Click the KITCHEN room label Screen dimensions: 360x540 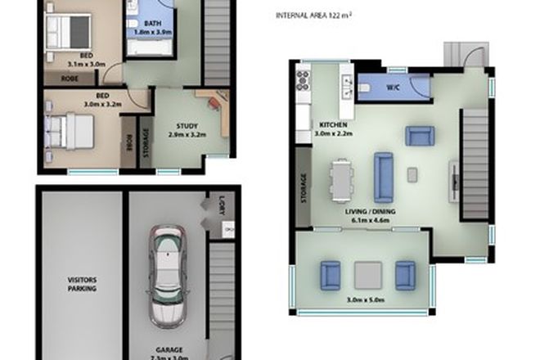[332, 125]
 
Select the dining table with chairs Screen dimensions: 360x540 [340, 179]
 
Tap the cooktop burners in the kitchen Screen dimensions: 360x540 [302, 81]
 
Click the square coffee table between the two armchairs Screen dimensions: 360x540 [367, 274]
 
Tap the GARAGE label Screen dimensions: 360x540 [169, 348]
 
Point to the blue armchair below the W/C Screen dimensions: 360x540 [421, 136]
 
